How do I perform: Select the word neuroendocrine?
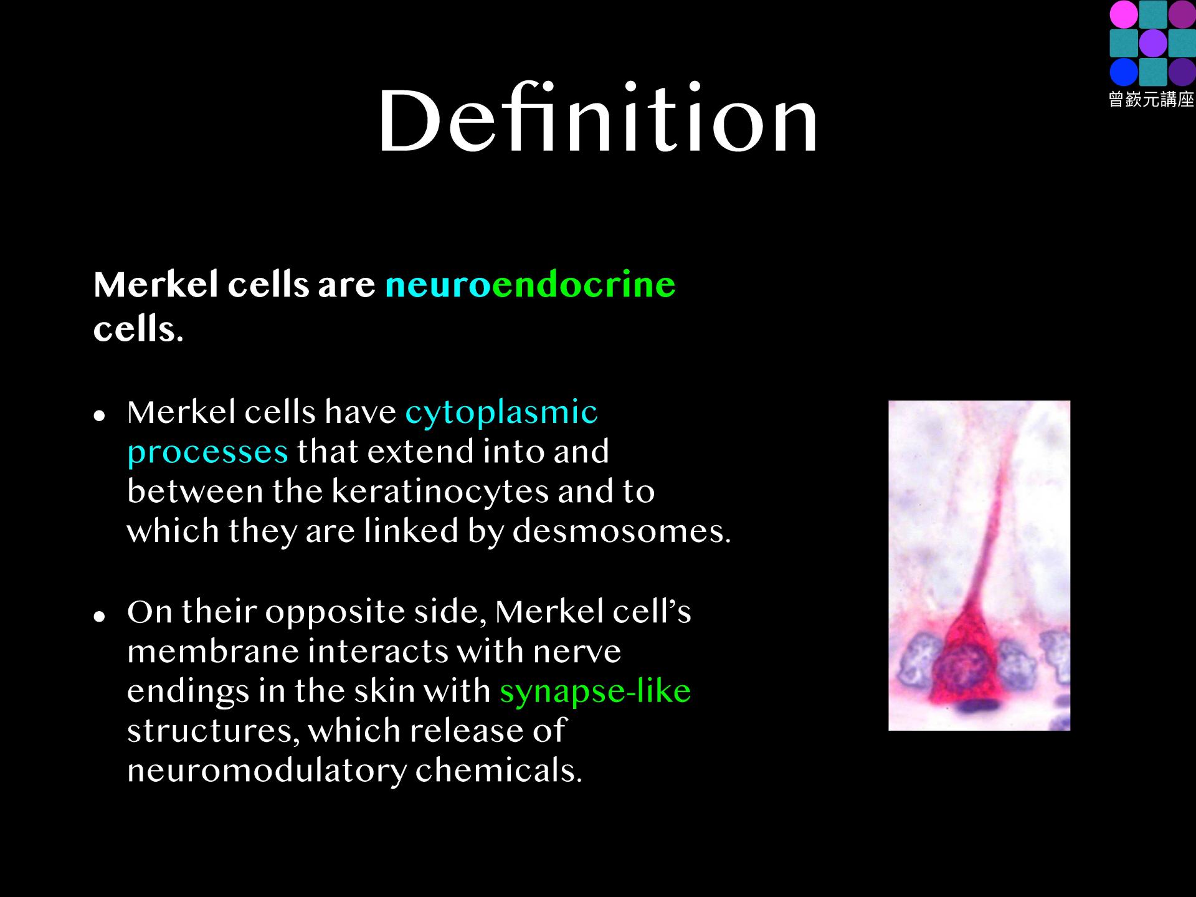coord(530,285)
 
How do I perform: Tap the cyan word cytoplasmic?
coord(501,412)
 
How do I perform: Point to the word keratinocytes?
coord(440,491)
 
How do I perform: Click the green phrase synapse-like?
coord(595,691)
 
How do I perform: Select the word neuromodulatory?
coord(267,771)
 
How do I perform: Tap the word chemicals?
coord(498,771)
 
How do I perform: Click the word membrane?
coord(213,651)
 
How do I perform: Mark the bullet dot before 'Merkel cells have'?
coord(98,415)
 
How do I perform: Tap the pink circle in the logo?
coord(1123,14)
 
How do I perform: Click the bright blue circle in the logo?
coord(1123,72)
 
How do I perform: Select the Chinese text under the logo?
coord(1151,100)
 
